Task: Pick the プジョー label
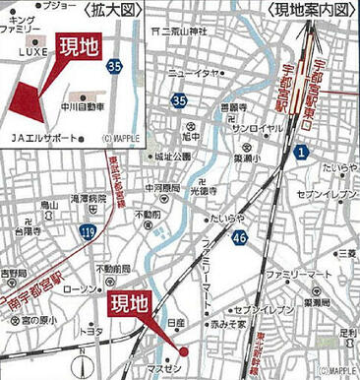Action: coord(57,6)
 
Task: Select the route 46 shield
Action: coord(240,236)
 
